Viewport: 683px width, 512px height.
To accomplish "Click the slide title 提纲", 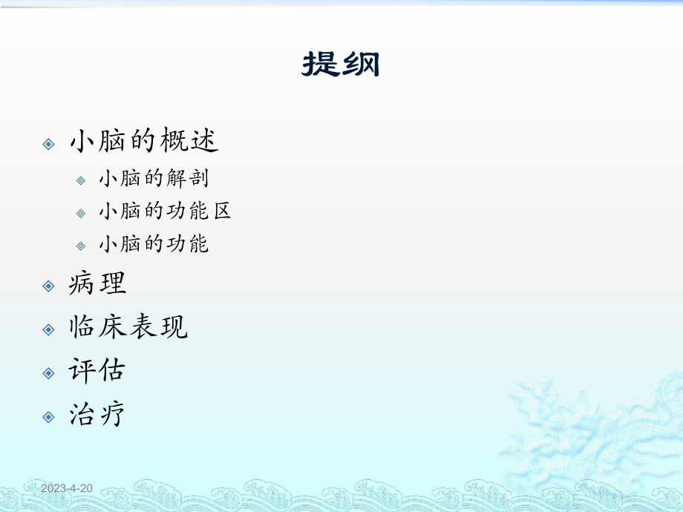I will point(341,65).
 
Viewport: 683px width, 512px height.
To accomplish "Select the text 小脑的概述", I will point(144,142).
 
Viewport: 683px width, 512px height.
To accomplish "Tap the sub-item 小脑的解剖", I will point(154,179).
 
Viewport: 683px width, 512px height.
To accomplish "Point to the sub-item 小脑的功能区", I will point(165,211).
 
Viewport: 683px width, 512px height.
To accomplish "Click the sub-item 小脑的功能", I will point(154,244).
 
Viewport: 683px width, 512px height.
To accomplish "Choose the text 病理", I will point(97,283).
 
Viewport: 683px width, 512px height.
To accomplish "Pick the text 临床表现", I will point(128,327).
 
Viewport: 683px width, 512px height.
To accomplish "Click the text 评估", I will point(97,371).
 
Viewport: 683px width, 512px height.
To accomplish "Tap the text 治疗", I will point(97,415).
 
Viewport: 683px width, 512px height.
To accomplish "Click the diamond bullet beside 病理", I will point(49,286).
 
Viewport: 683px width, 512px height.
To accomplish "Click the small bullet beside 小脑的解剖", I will point(82,180).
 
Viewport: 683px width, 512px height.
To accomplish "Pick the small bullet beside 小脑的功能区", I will point(82,213).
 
